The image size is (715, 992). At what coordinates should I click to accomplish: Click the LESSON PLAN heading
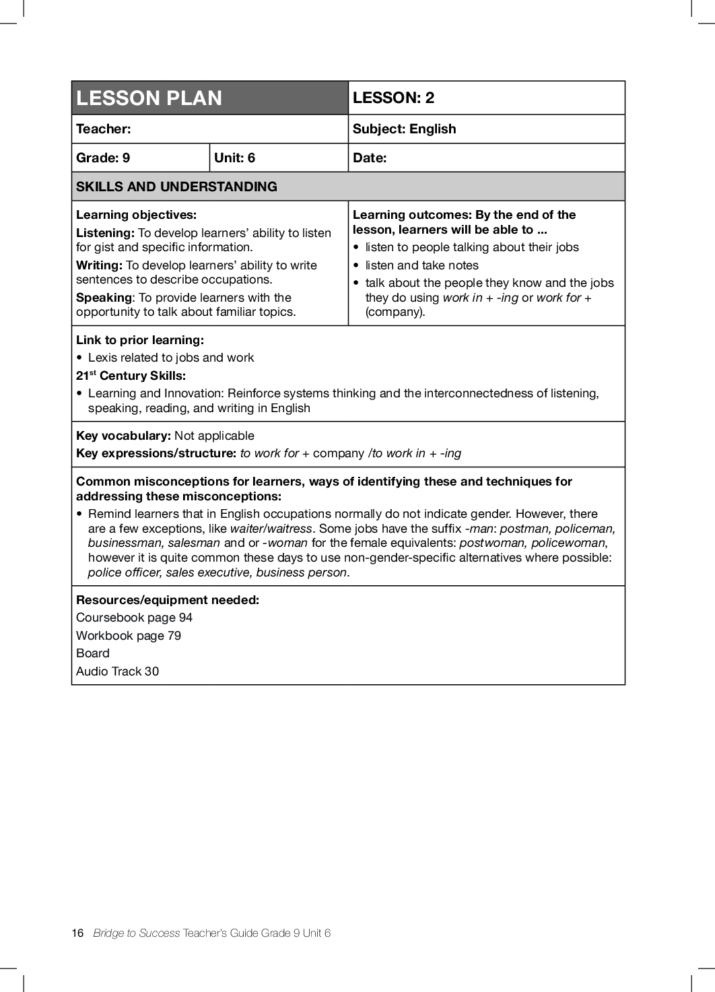coord(149,98)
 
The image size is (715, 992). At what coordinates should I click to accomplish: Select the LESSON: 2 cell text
coord(393,98)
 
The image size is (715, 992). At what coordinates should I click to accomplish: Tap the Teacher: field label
coord(103,129)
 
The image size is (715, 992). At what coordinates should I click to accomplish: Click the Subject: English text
coord(404,129)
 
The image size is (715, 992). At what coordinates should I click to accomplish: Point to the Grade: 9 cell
coord(103,158)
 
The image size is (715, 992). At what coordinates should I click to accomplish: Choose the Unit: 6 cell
coord(234,158)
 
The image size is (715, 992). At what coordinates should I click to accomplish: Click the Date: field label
coord(370,158)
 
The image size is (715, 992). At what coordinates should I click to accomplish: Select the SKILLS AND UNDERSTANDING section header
coord(176,187)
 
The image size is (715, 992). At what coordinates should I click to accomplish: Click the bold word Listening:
coord(105,233)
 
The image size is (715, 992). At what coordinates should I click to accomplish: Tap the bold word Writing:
coord(99,265)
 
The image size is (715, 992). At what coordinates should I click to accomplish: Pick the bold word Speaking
coord(104,298)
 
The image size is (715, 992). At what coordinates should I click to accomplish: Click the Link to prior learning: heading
coord(140,340)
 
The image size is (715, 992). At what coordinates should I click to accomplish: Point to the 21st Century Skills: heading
coord(131,376)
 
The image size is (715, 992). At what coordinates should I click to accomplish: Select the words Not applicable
coord(214,436)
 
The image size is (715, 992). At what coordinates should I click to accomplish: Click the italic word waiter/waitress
coord(271,529)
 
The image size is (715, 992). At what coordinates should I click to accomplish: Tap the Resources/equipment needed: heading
coord(168,600)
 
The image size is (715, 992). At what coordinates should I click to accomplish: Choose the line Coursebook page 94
coord(134,618)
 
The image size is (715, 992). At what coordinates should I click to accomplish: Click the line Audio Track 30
coord(117,671)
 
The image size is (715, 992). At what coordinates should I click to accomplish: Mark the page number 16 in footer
coord(77,933)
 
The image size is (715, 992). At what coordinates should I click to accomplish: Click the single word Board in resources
coord(92,653)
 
